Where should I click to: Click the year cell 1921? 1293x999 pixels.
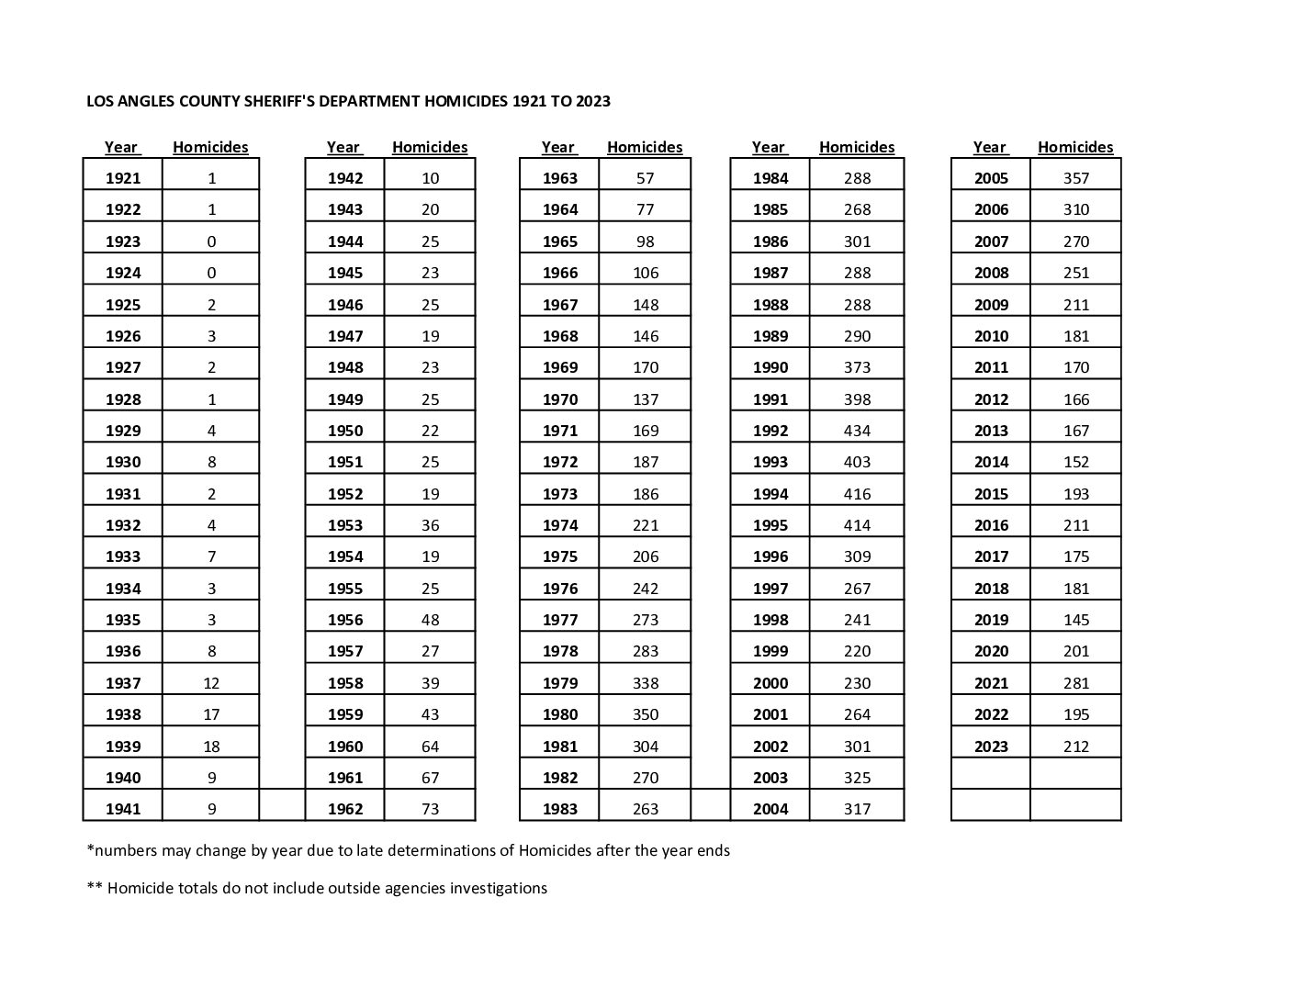(123, 178)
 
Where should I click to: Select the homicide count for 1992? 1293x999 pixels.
(856, 431)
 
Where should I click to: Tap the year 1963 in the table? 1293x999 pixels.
(559, 178)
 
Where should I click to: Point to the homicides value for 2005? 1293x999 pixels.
(1075, 178)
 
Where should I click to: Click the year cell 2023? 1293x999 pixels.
(991, 746)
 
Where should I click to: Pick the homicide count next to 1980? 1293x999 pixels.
(645, 714)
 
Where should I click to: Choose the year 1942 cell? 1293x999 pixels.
(344, 178)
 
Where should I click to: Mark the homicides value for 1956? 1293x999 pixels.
(430, 620)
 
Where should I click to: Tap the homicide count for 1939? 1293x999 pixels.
(211, 746)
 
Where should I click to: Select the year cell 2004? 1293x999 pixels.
(770, 809)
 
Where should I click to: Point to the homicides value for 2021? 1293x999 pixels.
(1075, 683)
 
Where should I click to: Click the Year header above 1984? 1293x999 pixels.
(768, 147)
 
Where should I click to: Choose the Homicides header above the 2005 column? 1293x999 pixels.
(1074, 147)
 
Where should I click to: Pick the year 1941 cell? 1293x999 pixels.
(123, 809)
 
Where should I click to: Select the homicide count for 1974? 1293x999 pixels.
(645, 525)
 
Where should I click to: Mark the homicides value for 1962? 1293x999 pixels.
(430, 809)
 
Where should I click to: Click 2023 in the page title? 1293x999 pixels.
(592, 101)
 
